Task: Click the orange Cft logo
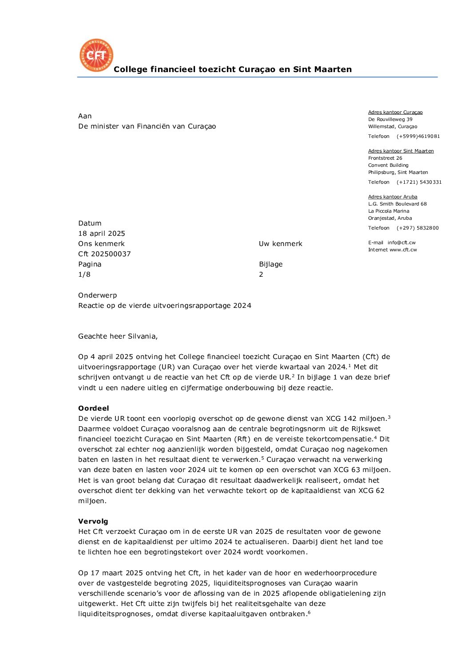[x=96, y=55]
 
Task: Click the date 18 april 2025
[x=102, y=234]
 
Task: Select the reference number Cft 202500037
[x=104, y=254]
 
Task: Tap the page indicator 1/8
[x=84, y=274]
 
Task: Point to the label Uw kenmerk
[x=280, y=244]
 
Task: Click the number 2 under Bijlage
[x=261, y=274]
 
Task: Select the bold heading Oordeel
[x=93, y=408]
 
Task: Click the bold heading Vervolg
[x=93, y=521]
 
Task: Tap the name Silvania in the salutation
[x=142, y=336]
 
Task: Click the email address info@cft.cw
[x=402, y=242]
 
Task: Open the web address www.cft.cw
[x=403, y=250]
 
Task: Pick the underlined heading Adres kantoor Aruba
[x=393, y=197]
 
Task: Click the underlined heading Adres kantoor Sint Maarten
[x=401, y=151]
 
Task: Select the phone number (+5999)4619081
[x=418, y=136]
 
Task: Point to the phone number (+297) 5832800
[x=418, y=228]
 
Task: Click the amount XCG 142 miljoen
[x=356, y=419]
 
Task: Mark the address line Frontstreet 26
[x=385, y=158]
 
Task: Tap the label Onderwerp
[x=97, y=295]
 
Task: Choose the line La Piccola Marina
[x=389, y=211]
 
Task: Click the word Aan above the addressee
[x=85, y=116]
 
